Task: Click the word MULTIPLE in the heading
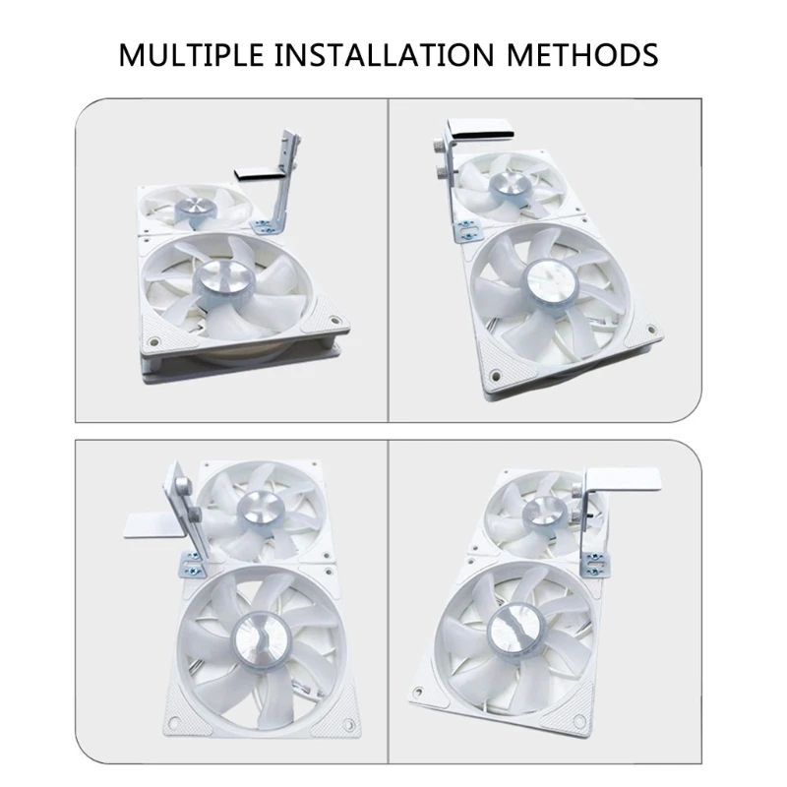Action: pyautogui.click(x=191, y=54)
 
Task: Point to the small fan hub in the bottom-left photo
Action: pyautogui.click(x=257, y=508)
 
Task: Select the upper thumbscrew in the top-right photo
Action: pyautogui.click(x=436, y=148)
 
